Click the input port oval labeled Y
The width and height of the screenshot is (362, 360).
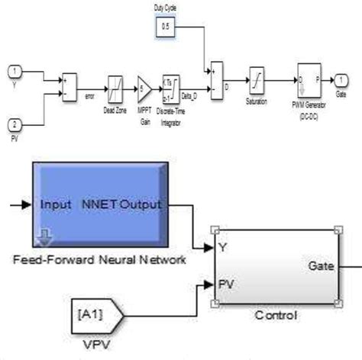pyautogui.click(x=14, y=73)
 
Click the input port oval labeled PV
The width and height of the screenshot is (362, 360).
pyautogui.click(x=14, y=124)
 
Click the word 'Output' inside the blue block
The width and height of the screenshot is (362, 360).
pyautogui.click(x=146, y=205)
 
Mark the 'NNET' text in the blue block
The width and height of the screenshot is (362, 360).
pyautogui.click(x=102, y=205)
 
